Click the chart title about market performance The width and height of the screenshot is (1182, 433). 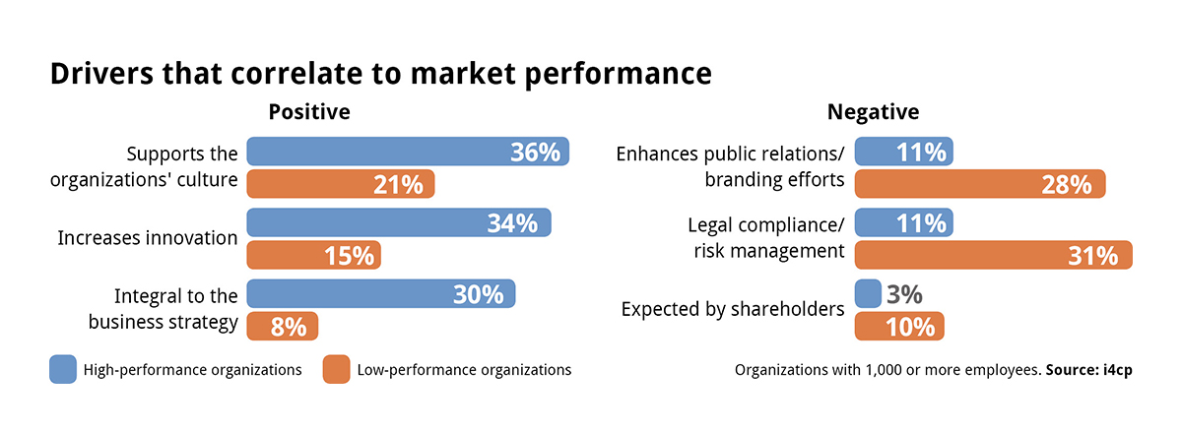[380, 75]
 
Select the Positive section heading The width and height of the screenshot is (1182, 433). [309, 112]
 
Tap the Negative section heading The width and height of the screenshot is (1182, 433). [873, 112]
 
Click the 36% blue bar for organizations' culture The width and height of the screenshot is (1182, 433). [407, 152]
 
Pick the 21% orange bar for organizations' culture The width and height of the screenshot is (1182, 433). [340, 184]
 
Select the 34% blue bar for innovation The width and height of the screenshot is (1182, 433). [398, 222]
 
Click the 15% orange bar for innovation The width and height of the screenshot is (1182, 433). [313, 255]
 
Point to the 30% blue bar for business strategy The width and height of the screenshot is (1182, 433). [380, 293]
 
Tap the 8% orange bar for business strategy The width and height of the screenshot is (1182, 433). [282, 326]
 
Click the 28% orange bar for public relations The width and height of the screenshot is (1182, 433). [979, 184]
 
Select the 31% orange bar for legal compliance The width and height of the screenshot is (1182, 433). [993, 255]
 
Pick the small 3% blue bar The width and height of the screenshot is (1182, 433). [868, 293]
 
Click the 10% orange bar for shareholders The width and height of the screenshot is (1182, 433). [898, 326]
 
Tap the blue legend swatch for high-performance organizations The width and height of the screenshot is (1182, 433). [63, 370]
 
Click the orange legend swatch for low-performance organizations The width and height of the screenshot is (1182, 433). [336, 370]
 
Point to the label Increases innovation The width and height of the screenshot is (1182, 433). [148, 238]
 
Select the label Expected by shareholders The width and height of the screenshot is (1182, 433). [733, 309]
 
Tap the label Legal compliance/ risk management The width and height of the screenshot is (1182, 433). [765, 238]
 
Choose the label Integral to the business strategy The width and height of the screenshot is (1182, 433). [163, 309]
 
